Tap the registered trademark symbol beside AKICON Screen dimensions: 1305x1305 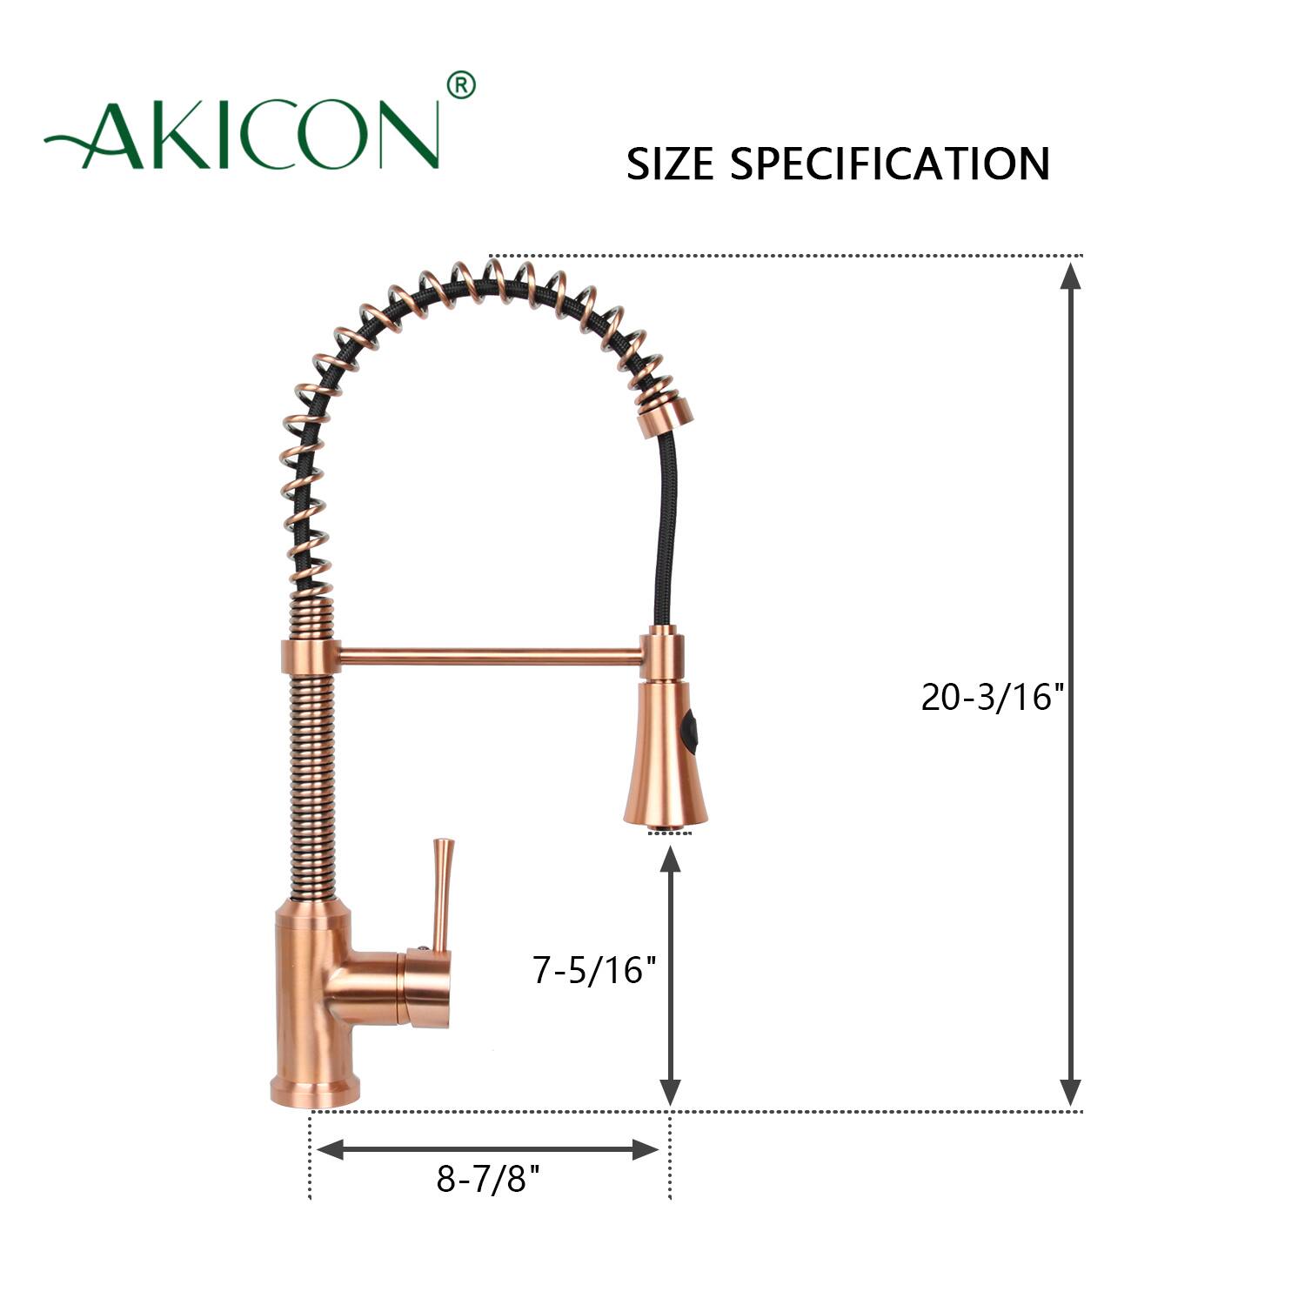point(460,85)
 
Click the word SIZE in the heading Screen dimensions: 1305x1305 point(669,164)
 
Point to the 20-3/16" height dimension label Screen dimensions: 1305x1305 point(993,697)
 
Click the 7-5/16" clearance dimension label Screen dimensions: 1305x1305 point(595,969)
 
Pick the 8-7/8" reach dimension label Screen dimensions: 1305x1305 point(488,1180)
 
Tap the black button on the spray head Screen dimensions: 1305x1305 point(692,729)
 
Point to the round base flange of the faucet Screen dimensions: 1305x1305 point(314,1092)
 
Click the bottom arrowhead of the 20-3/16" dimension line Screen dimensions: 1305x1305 point(1071,1093)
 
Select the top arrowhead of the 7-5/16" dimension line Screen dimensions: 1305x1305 point(670,860)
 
